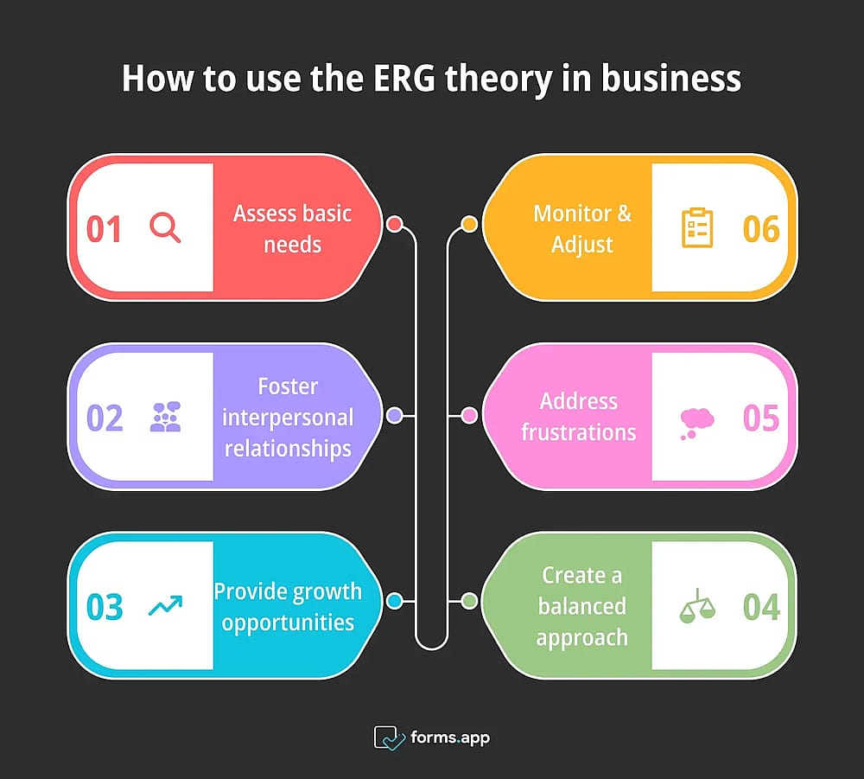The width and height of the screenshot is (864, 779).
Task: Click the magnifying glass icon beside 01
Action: click(x=165, y=227)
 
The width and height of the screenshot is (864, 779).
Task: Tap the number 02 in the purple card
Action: click(x=105, y=418)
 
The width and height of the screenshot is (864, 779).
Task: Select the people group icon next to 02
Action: click(x=165, y=417)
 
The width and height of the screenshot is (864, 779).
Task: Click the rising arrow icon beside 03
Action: click(x=165, y=605)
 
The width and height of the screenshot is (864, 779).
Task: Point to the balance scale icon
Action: click(x=697, y=606)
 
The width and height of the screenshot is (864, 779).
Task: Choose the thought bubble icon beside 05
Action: click(x=697, y=424)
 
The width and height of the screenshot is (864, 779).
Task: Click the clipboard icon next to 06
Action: click(x=697, y=227)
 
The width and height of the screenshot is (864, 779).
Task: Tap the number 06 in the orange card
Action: click(x=761, y=229)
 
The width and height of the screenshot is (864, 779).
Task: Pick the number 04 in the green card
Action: click(x=761, y=607)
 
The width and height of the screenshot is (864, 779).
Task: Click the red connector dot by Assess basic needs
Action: click(x=395, y=224)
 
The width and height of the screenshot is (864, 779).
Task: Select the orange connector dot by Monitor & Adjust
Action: click(x=469, y=224)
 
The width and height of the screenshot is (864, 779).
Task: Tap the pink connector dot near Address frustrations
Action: click(x=469, y=415)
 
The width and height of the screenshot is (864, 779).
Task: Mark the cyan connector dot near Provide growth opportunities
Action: click(x=395, y=600)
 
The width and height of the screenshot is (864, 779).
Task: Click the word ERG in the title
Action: click(x=403, y=78)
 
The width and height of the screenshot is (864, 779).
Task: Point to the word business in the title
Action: click(x=670, y=78)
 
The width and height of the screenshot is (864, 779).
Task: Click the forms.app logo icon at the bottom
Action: click(x=389, y=737)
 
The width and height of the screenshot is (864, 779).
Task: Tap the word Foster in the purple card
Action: click(x=288, y=386)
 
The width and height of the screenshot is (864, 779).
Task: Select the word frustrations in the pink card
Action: click(x=579, y=431)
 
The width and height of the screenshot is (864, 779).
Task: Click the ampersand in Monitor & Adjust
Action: click(x=624, y=214)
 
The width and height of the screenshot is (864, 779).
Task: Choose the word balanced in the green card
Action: click(x=581, y=606)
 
